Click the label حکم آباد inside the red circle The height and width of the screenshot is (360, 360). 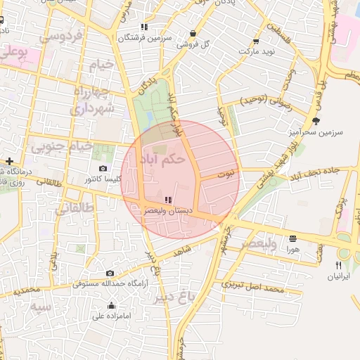(x=164, y=159)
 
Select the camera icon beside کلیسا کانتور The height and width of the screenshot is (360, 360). (x=103, y=168)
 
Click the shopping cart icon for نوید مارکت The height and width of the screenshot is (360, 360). (x=255, y=42)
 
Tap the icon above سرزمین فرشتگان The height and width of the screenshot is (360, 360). (x=144, y=27)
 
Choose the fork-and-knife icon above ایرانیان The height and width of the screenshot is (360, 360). (x=339, y=265)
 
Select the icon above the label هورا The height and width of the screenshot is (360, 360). (x=292, y=238)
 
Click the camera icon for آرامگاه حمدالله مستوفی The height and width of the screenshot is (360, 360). (x=110, y=273)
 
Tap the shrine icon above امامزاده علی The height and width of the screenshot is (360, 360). (x=111, y=306)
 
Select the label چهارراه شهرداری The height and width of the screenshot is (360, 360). (x=88, y=101)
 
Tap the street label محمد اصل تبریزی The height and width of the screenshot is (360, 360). (x=252, y=287)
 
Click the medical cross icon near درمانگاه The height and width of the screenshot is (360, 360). (x=8, y=162)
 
